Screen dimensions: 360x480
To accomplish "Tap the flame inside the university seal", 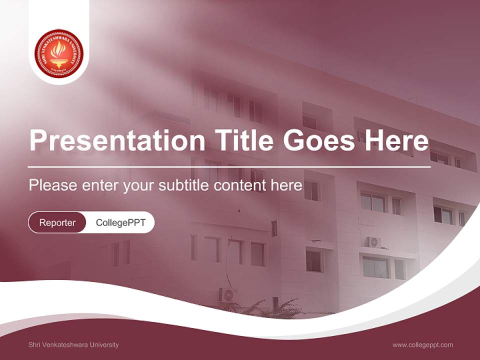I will coord(59,50).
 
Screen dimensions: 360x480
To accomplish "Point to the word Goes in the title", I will coord(317,140).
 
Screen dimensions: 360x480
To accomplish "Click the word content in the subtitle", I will coord(240,185).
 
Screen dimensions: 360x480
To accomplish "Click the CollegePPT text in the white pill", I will coord(120,222).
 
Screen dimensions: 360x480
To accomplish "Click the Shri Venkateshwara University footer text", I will coord(73,345).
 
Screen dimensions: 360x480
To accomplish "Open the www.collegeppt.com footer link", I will coord(422,345).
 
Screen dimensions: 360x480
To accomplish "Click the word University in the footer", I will coord(103,345).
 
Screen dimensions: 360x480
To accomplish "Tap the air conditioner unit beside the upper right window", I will coord(374,242).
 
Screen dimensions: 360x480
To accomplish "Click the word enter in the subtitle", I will coord(100,185).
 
